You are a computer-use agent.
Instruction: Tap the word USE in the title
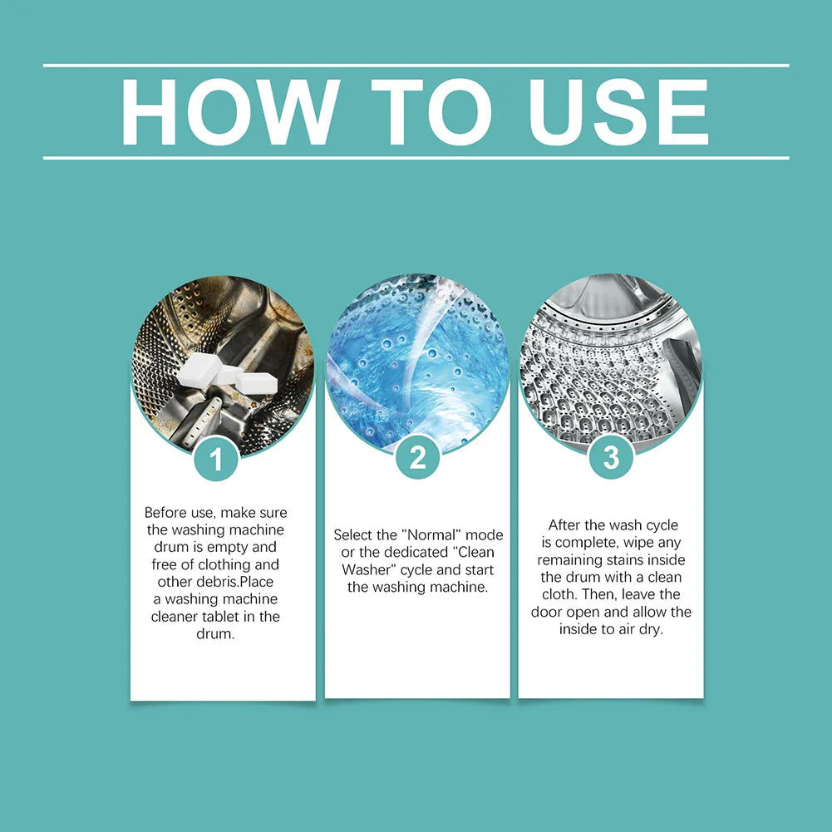618,111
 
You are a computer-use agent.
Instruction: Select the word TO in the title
431,111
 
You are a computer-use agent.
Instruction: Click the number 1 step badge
215,459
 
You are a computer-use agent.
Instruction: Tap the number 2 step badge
417,457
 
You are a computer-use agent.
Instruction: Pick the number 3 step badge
611,457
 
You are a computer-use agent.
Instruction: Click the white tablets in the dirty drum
229,372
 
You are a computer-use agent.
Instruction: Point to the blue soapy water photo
417,363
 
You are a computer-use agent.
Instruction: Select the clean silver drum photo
611,363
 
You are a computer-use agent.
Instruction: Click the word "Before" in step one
164,513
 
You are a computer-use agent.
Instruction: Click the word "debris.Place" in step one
215,582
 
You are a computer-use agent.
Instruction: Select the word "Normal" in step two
431,535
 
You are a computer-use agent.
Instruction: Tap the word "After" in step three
564,524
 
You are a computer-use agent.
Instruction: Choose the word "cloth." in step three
559,594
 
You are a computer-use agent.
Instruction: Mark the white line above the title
416,66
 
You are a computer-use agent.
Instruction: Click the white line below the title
416,158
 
